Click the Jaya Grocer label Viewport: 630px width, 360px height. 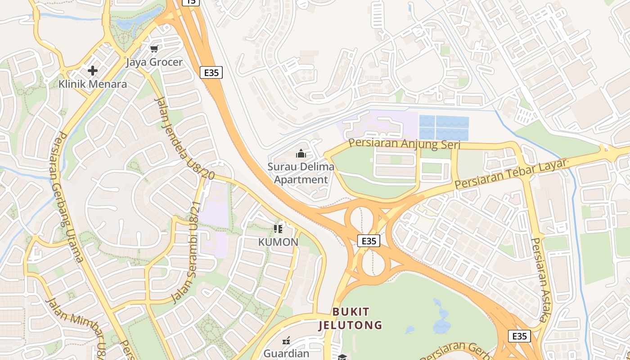coord(154,62)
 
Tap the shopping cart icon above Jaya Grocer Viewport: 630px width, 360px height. coord(154,49)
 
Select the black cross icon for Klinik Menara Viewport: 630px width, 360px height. coord(93,71)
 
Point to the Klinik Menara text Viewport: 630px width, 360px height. coord(93,84)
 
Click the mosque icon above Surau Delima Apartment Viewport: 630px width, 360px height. coord(301,154)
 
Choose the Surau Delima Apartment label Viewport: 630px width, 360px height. coord(301,173)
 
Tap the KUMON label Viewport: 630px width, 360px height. coord(278,242)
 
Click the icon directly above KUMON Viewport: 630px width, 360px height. coord(278,229)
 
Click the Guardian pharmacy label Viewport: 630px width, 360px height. coord(286,353)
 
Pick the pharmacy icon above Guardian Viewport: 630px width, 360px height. coord(286,341)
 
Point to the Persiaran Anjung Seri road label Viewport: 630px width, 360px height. coord(405,144)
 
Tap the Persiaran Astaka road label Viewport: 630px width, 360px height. coord(539,279)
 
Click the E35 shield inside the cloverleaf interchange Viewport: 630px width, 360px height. coord(369,241)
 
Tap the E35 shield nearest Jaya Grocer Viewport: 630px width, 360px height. coord(211,72)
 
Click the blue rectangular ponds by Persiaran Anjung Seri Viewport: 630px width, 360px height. coord(444,128)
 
